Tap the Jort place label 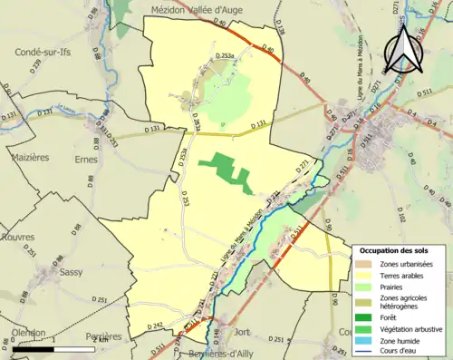click(x=242, y=332)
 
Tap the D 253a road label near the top click(x=230, y=56)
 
